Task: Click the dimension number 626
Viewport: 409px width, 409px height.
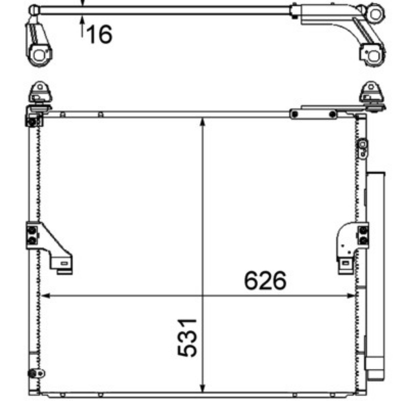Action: pyautogui.click(x=265, y=281)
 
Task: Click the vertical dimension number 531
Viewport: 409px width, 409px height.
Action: pyautogui.click(x=187, y=337)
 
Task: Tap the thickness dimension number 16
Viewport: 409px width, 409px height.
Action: pyautogui.click(x=99, y=34)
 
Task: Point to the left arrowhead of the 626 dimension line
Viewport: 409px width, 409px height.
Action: pyautogui.click(x=46, y=296)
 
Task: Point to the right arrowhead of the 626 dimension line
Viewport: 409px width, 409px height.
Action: pyautogui.click(x=351, y=296)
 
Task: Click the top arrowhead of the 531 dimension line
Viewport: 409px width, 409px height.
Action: pyautogui.click(x=202, y=122)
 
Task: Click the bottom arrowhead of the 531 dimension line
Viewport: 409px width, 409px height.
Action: pyautogui.click(x=202, y=388)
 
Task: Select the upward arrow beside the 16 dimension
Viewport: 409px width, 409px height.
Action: pyautogui.click(x=82, y=26)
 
